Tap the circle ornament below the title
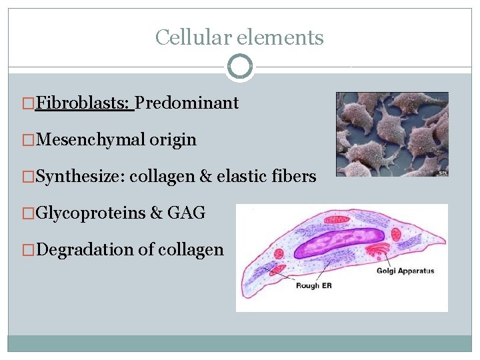pyautogui.click(x=239, y=67)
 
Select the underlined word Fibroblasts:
pyautogui.click(x=85, y=103)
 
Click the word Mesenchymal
pyautogui.click(x=91, y=139)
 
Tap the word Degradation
pyautogui.click(x=85, y=250)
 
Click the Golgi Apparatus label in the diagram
pyautogui.click(x=405, y=271)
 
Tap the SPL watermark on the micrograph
pyautogui.click(x=442, y=173)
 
